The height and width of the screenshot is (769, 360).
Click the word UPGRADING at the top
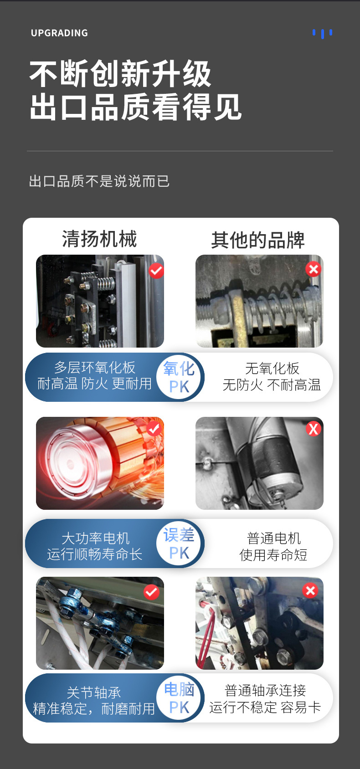click(x=59, y=33)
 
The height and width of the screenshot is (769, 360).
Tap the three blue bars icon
click(x=322, y=34)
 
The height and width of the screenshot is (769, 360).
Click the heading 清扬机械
click(x=99, y=239)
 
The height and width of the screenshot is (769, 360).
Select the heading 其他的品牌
click(x=257, y=240)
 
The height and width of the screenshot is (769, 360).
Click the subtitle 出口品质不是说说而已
click(x=99, y=181)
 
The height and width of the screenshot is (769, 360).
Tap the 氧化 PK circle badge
click(x=179, y=377)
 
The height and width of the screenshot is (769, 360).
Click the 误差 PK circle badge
click(x=179, y=543)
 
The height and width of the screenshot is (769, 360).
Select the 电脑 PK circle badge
click(x=179, y=698)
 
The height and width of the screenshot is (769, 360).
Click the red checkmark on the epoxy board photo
click(x=156, y=271)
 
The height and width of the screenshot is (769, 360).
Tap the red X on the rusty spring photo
click(x=314, y=269)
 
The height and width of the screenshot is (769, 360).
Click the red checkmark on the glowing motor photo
click(x=154, y=428)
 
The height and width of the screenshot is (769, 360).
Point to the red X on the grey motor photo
click(x=314, y=428)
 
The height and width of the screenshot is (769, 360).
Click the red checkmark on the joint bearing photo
click(x=151, y=592)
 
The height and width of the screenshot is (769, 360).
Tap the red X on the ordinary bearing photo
click(x=310, y=590)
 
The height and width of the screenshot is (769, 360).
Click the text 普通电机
click(x=274, y=538)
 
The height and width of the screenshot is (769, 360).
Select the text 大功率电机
click(x=96, y=538)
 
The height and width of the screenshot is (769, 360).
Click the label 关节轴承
click(x=94, y=693)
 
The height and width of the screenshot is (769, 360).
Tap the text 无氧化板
click(x=272, y=369)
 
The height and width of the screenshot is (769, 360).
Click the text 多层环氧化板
click(x=94, y=368)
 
